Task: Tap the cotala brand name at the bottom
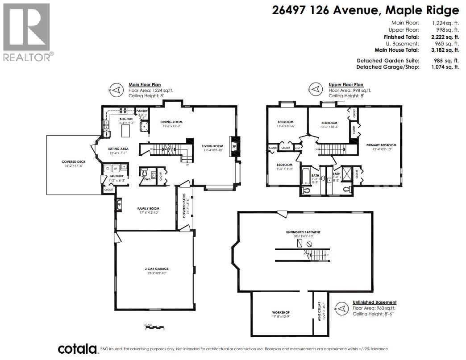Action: pos(77,349)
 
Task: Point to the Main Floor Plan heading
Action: pos(145,84)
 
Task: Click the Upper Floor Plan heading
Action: pos(346,84)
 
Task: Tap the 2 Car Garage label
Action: pos(156,269)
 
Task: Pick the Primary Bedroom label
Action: pos(381,145)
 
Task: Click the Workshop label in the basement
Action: pos(281,312)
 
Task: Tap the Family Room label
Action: pos(148,208)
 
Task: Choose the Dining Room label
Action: pos(171,122)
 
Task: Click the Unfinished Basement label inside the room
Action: pos(303,232)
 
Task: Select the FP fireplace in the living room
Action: pos(234,146)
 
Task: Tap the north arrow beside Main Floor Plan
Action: pos(116,90)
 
